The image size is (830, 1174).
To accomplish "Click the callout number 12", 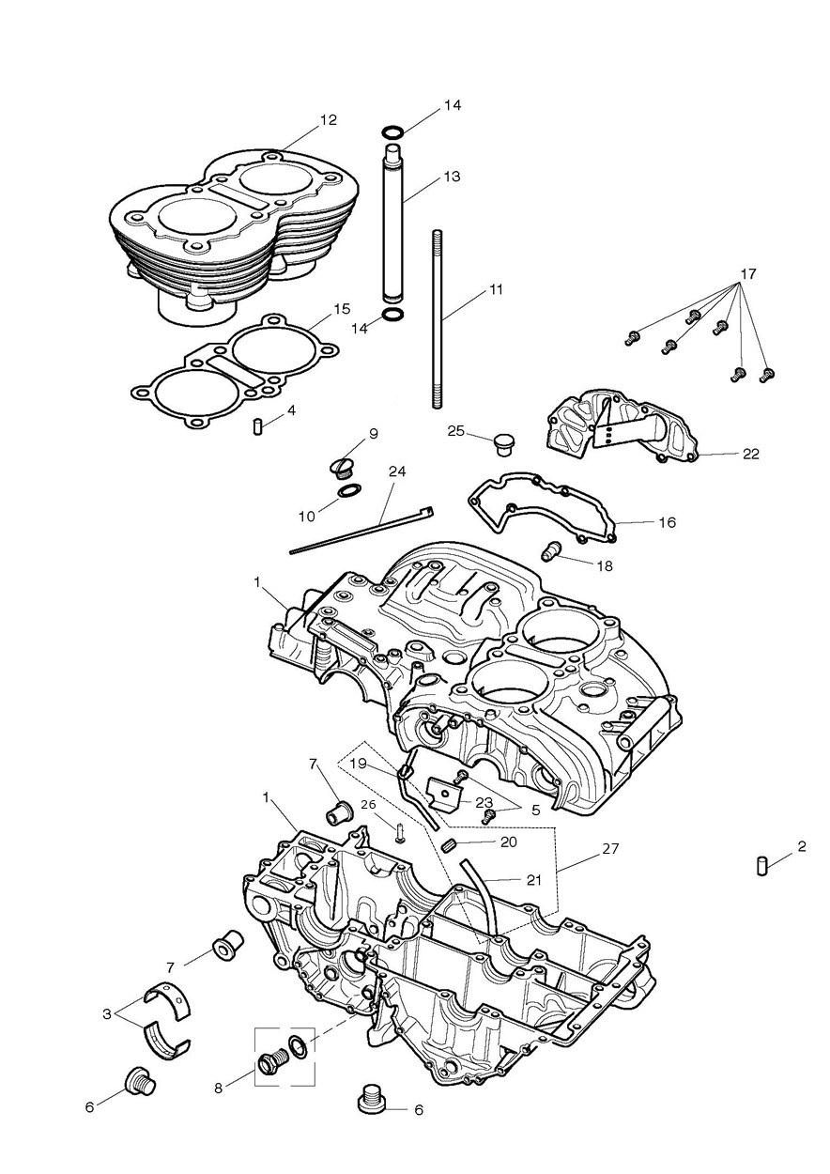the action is click(x=329, y=120).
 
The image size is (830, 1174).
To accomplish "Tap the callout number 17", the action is click(x=748, y=273).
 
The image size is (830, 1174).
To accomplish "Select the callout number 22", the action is click(x=751, y=454).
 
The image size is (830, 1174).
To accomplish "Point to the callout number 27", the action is click(x=610, y=848).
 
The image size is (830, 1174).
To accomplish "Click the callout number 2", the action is click(x=801, y=846).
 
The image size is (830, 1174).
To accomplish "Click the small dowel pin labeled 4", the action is click(x=257, y=425).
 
